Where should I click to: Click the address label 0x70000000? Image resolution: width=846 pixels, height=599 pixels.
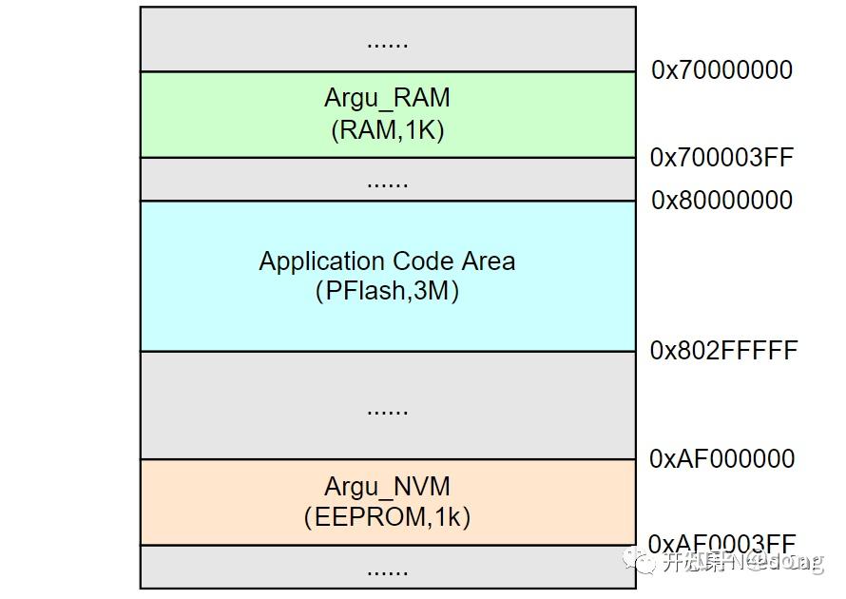pyautogui.click(x=721, y=69)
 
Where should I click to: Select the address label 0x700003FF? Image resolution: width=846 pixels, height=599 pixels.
pyautogui.click(x=721, y=158)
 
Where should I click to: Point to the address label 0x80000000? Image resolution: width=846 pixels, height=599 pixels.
pyautogui.click(x=721, y=200)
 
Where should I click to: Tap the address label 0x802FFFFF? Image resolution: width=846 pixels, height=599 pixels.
pyautogui.click(x=723, y=351)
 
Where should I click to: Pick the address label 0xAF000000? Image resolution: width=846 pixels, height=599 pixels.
pyautogui.click(x=721, y=458)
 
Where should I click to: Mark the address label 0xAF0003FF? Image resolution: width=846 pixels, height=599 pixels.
pyautogui.click(x=721, y=543)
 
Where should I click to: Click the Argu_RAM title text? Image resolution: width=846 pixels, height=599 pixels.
pyautogui.click(x=387, y=98)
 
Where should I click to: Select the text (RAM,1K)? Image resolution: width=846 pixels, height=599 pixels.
pyautogui.click(x=387, y=129)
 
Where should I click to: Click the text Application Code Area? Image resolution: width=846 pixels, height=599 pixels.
pyautogui.click(x=387, y=261)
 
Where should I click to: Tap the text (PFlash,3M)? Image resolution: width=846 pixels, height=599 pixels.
pyautogui.click(x=387, y=292)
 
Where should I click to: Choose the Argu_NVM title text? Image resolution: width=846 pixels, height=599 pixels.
pyautogui.click(x=387, y=487)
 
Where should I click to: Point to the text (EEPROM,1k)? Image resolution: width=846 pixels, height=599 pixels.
pyautogui.click(x=387, y=517)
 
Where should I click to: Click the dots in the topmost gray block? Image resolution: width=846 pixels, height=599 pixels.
pyautogui.click(x=387, y=43)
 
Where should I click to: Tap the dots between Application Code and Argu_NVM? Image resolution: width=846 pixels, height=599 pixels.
pyautogui.click(x=387, y=411)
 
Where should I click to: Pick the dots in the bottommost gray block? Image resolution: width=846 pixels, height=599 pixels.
pyautogui.click(x=387, y=571)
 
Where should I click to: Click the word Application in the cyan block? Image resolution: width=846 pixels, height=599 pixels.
pyautogui.click(x=308, y=261)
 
